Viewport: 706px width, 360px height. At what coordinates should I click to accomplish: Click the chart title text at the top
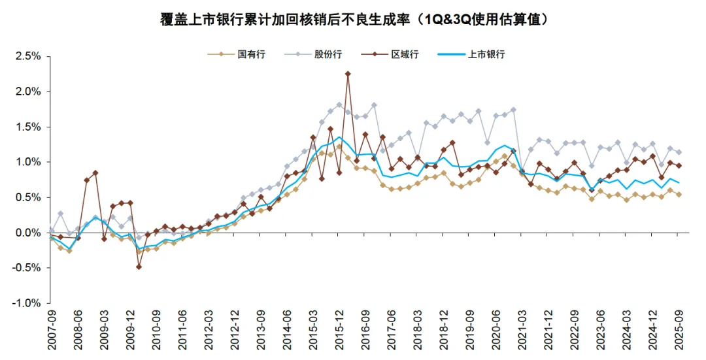(x=354, y=20)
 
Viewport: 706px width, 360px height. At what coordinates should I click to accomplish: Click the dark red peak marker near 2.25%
(x=348, y=74)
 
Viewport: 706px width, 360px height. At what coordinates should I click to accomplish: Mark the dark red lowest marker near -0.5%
(x=139, y=267)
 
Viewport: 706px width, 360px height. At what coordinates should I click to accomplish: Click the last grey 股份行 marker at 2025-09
(x=678, y=152)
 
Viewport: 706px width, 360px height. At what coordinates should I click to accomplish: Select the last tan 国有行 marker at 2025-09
(x=678, y=195)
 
